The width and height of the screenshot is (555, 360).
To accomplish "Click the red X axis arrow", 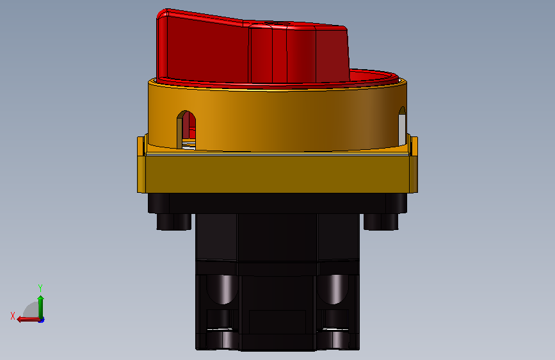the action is [x=28, y=319].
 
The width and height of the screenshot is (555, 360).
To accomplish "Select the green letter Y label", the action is [x=40, y=288].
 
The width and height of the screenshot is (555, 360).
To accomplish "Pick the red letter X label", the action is [x=13, y=316].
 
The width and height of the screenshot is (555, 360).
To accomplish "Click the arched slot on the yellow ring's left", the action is [x=186, y=130].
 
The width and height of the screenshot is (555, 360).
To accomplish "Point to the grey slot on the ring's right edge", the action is [x=402, y=126].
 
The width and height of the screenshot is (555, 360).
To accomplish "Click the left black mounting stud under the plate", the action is [x=173, y=222].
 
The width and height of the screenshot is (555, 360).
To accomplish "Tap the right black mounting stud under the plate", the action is [x=381, y=222].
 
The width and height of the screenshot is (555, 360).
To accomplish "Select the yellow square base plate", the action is [x=278, y=174].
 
